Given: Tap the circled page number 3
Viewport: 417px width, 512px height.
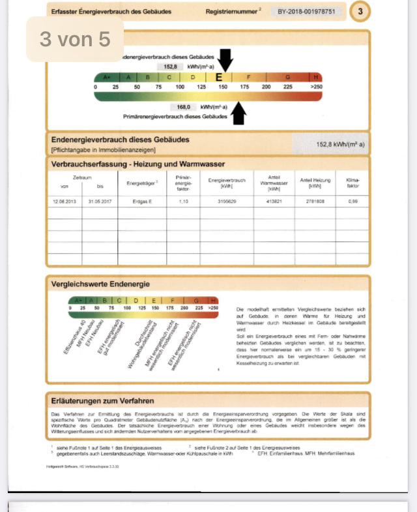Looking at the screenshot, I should pyautogui.click(x=360, y=12).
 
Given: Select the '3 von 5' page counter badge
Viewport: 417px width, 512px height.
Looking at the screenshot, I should pyautogui.click(x=75, y=39).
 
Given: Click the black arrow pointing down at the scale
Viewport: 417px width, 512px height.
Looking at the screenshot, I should pyautogui.click(x=225, y=60).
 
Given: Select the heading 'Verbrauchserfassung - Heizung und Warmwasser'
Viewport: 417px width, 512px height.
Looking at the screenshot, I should pyautogui.click(x=137, y=164).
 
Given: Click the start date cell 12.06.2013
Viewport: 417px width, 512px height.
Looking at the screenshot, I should pyautogui.click(x=65, y=202).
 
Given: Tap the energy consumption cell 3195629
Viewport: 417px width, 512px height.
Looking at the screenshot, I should pyautogui.click(x=227, y=202).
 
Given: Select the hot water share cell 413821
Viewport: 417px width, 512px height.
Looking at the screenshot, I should pyautogui.click(x=274, y=202).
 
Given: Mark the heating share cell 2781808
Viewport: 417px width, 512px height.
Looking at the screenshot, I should pyautogui.click(x=315, y=202).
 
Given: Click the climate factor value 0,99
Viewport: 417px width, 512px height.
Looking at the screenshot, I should pyautogui.click(x=353, y=202).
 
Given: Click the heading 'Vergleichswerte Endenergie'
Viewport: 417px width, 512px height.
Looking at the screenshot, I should pyautogui.click(x=100, y=284).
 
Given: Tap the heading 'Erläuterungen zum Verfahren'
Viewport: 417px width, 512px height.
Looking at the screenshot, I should pyautogui.click(x=103, y=400).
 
